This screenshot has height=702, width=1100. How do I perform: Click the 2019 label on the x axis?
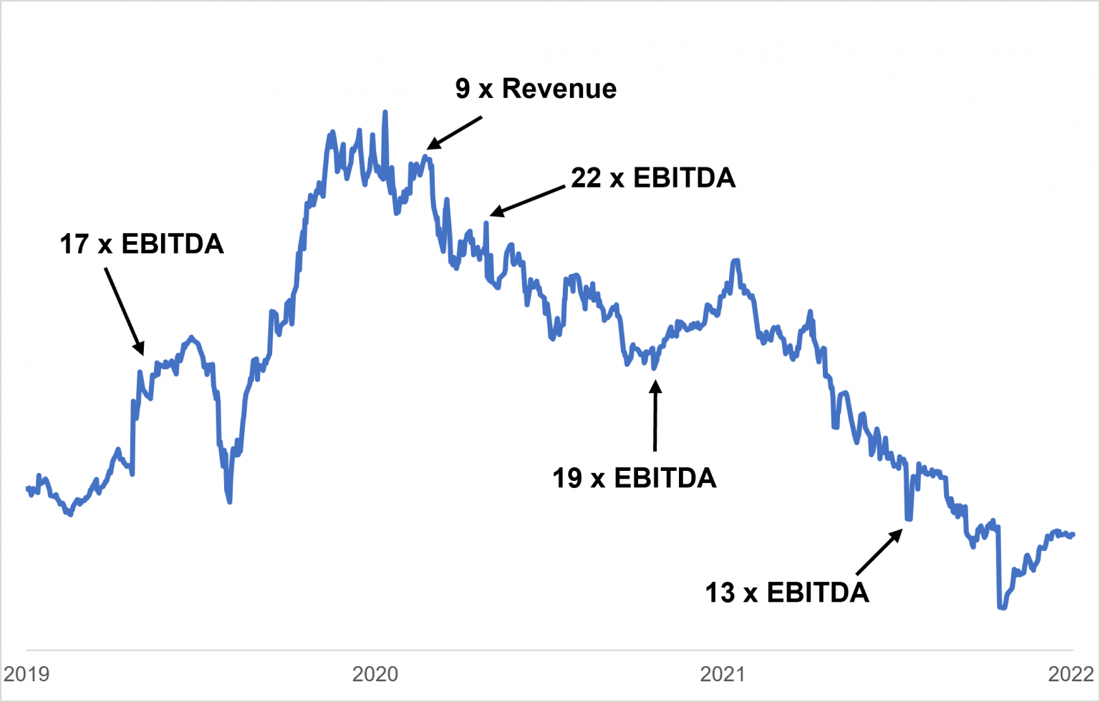coord(26,674)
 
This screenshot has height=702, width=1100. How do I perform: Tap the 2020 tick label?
coord(375,674)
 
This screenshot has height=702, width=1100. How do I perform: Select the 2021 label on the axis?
coord(723,674)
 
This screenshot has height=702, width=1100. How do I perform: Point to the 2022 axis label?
coord(1071,674)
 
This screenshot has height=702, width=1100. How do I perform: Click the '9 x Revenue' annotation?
coord(536,89)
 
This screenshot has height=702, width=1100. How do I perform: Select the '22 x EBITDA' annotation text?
coord(653,178)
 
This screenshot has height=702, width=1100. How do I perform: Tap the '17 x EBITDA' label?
coord(142,244)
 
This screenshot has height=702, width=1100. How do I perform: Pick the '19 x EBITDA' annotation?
coord(634,478)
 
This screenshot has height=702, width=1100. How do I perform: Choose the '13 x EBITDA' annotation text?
coord(787,593)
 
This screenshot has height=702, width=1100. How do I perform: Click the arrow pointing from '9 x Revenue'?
coord(455,134)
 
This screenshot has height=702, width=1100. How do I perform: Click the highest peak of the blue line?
coord(385,112)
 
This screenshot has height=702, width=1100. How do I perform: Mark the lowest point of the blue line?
coord(1001,608)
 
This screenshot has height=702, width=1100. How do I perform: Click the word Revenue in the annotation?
coord(559,89)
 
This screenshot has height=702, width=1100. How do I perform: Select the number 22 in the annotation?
coord(586,178)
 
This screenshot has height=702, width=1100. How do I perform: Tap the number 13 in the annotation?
coord(720,593)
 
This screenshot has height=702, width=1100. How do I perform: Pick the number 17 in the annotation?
coord(74,244)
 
